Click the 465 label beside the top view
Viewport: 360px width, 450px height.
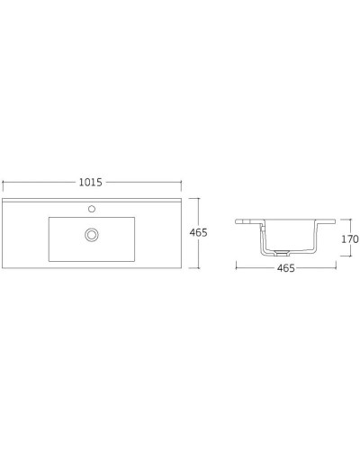(200, 232)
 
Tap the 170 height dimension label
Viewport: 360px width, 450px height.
(350, 239)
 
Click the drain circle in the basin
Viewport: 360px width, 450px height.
(91, 235)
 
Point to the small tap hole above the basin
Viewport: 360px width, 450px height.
(91, 208)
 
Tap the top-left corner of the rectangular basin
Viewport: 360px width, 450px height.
(48, 216)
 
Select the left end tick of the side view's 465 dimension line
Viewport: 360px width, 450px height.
(236, 268)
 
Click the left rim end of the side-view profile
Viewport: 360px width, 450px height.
(237, 221)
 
